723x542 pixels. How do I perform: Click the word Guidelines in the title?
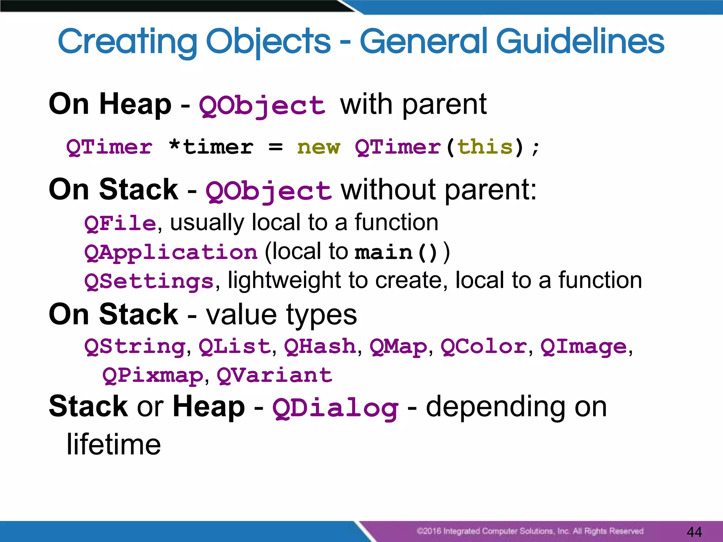click(x=580, y=42)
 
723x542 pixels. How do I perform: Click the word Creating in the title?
click(x=127, y=42)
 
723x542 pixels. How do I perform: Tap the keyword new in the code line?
click(x=318, y=147)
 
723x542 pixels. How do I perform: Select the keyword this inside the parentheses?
click(x=485, y=147)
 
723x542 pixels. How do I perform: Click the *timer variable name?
click(x=211, y=147)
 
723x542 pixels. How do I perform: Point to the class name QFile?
click(x=120, y=223)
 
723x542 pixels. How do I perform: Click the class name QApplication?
click(x=171, y=253)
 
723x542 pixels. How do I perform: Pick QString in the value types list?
click(x=135, y=347)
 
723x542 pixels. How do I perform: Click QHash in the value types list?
click(x=320, y=347)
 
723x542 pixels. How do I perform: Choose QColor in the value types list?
click(x=484, y=347)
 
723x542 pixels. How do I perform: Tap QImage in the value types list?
click(x=584, y=347)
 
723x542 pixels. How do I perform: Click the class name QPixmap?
click(x=153, y=375)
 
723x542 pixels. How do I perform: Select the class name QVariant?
click(x=274, y=375)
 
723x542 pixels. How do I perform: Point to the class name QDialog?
click(x=335, y=408)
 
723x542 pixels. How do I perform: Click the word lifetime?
click(x=114, y=444)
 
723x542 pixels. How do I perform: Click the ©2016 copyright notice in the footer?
click(x=530, y=531)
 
